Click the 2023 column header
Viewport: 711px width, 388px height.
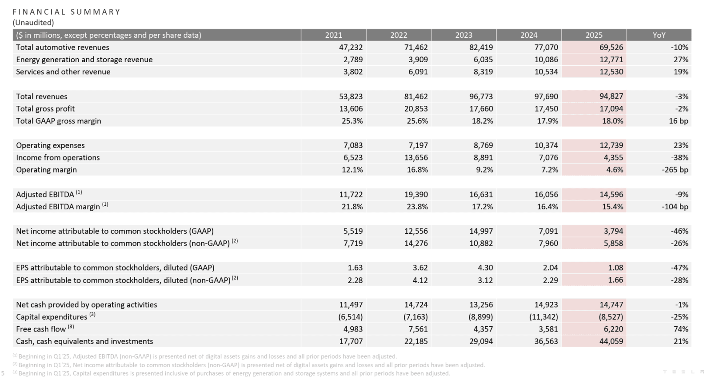[x=463, y=35]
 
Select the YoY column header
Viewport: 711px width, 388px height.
[x=659, y=35]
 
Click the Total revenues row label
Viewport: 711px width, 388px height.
[x=42, y=96]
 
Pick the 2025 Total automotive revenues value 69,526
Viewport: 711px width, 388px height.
[x=611, y=47]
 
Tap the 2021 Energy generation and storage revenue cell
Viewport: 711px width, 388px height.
[x=353, y=60]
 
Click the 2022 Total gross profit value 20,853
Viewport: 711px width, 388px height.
[x=416, y=108]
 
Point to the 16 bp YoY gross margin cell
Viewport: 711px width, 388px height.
[x=678, y=121]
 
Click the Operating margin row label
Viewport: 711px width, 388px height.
[x=46, y=170]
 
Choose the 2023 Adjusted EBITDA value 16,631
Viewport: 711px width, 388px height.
[x=481, y=194]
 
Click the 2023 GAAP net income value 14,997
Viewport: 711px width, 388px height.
[x=481, y=231]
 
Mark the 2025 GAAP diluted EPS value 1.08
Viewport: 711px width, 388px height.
[x=615, y=268]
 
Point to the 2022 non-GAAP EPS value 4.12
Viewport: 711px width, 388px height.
[x=420, y=280]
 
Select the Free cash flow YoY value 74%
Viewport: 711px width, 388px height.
[x=681, y=329]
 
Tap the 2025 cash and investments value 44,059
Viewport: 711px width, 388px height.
[x=611, y=341]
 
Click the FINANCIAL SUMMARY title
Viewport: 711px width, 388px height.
[x=67, y=12]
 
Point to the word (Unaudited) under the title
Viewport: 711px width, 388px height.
[x=33, y=23]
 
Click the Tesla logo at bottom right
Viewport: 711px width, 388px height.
[x=683, y=372]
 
